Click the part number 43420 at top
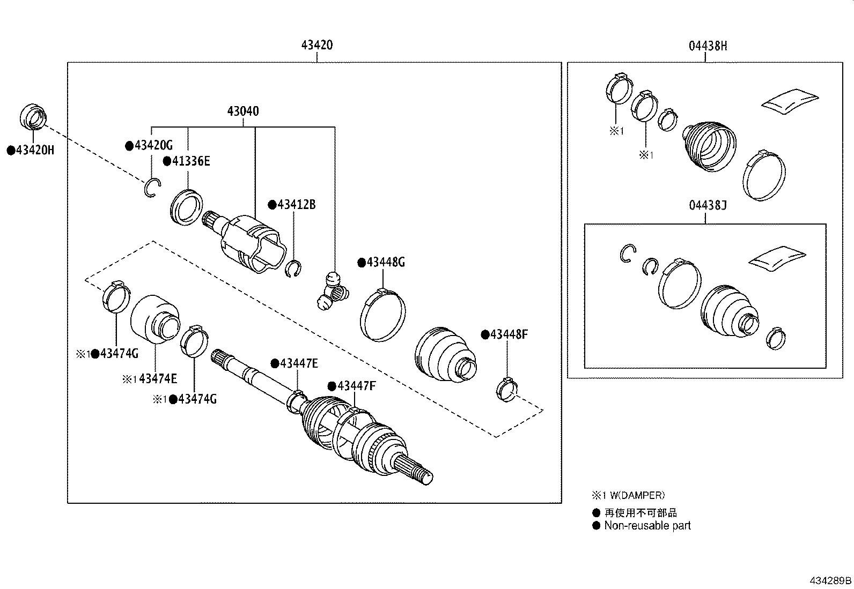click(x=316, y=45)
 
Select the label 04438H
click(x=708, y=46)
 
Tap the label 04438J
click(x=708, y=205)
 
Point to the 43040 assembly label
click(x=242, y=111)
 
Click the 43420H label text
click(x=35, y=150)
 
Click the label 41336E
click(x=190, y=161)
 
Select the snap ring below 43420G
click(x=152, y=187)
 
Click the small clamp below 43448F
click(x=505, y=389)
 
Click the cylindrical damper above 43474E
click(x=154, y=318)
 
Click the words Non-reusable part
click(x=647, y=526)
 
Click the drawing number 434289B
click(x=830, y=580)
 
